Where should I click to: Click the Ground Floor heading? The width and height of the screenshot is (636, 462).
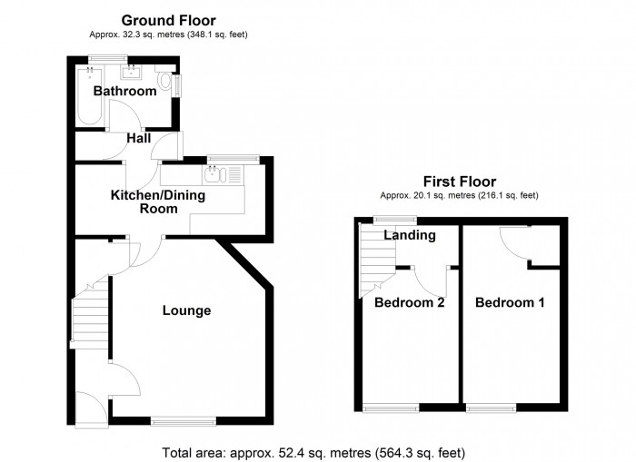(168, 20)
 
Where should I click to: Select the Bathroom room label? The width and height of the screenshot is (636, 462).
(125, 91)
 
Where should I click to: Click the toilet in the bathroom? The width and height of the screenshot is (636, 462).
(164, 84)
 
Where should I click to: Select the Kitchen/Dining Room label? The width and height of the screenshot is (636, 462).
(157, 202)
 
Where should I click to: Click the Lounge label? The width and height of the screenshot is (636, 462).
(186, 310)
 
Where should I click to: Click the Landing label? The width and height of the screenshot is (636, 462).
(410, 235)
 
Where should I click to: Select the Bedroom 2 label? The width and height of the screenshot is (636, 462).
(409, 302)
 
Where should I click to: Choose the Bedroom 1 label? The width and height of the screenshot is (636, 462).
(510, 302)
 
